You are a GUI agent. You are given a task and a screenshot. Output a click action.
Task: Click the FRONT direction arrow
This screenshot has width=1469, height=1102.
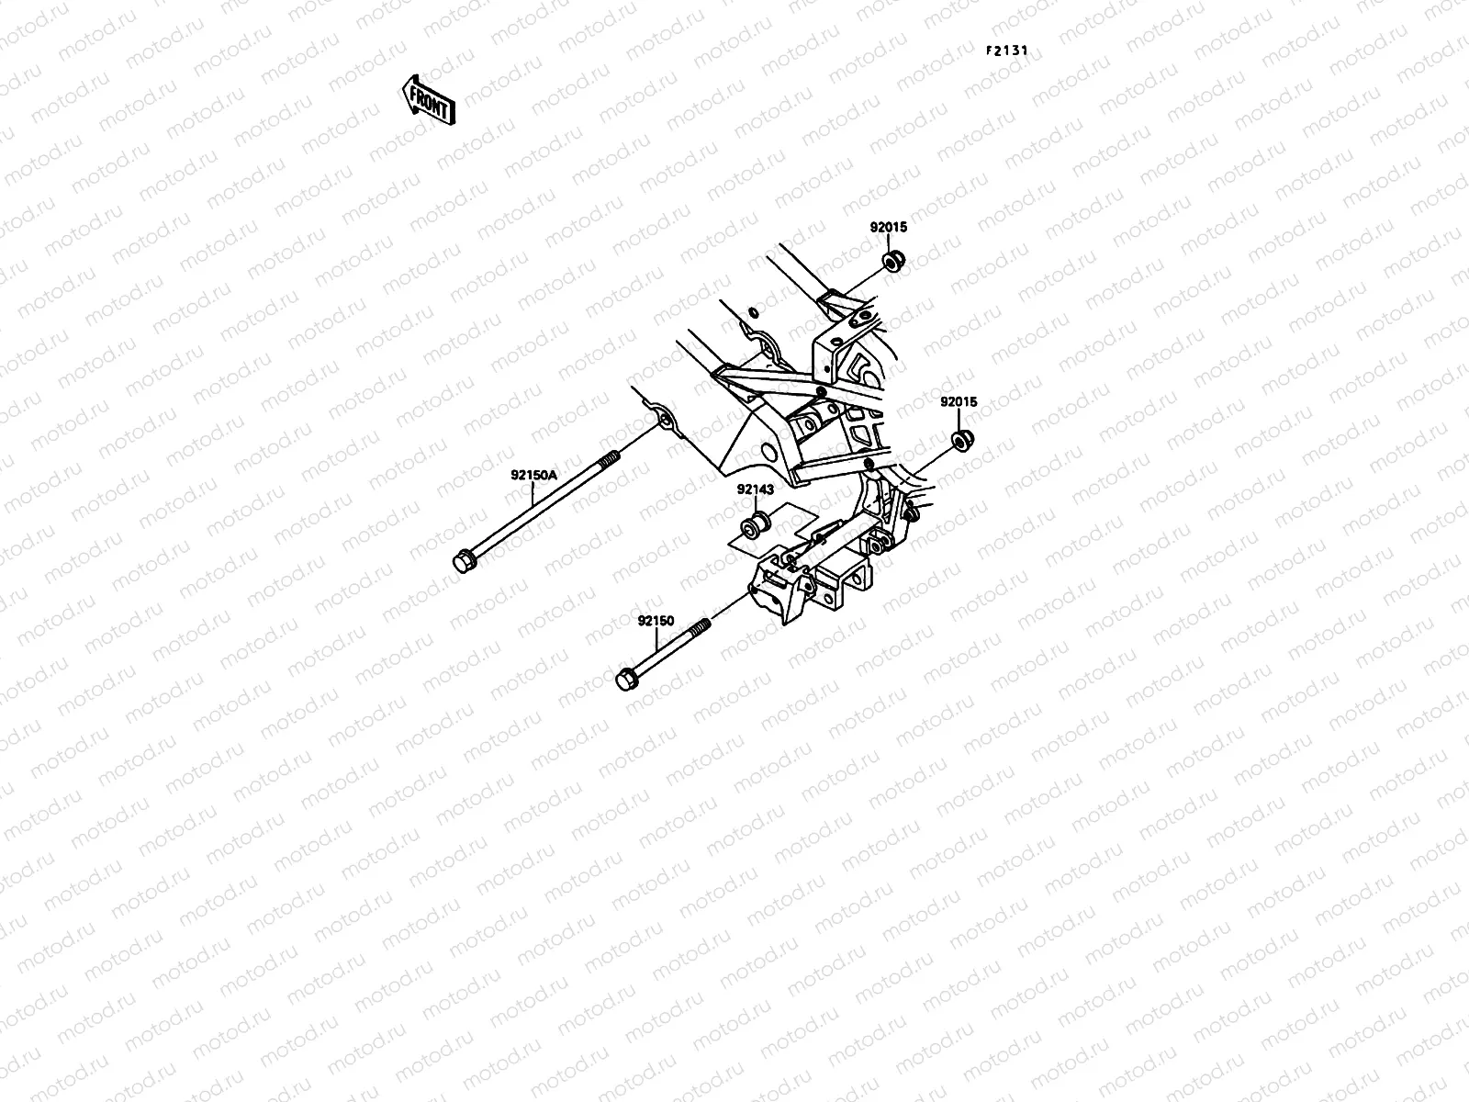coord(427,99)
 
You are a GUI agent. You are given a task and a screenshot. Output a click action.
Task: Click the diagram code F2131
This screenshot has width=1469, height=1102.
coord(1014,51)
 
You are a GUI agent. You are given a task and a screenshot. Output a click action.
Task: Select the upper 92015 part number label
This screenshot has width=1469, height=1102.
coord(889,227)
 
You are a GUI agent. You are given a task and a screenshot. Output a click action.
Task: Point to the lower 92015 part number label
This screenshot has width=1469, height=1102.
coord(959,401)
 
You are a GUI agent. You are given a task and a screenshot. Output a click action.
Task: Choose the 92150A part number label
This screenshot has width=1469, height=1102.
coord(534,475)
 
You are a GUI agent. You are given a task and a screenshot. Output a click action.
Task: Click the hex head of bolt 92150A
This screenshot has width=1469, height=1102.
coord(463,560)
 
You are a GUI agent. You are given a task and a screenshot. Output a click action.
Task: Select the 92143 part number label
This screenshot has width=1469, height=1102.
coord(755,489)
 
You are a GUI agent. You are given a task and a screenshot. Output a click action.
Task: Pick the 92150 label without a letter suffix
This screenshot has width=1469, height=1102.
coord(656,621)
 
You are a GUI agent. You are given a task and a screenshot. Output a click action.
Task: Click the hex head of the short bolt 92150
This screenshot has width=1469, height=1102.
coord(625,680)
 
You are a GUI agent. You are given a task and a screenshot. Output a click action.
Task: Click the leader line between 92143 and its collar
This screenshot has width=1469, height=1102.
coord(755,508)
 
